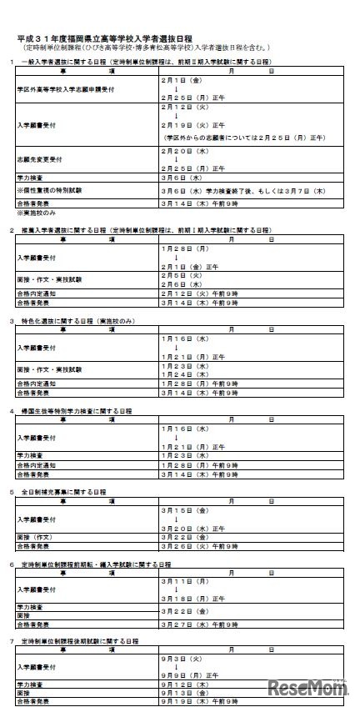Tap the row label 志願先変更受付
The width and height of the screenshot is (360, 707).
[x=34, y=155]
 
